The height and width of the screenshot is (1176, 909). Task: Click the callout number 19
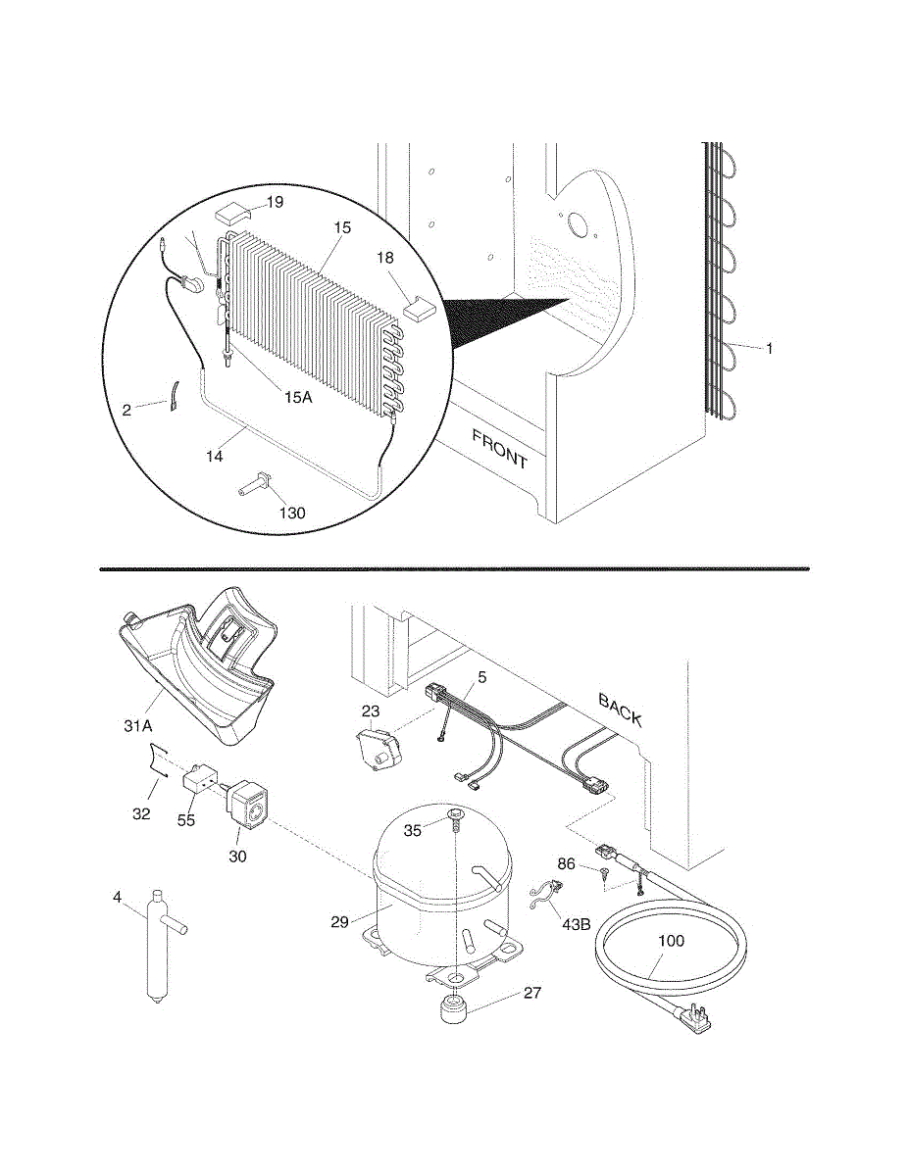274,202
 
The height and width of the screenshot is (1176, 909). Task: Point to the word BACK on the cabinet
621,711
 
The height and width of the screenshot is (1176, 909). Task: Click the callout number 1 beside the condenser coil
770,348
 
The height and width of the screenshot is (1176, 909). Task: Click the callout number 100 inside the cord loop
671,941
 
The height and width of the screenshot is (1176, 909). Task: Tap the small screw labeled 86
606,873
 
